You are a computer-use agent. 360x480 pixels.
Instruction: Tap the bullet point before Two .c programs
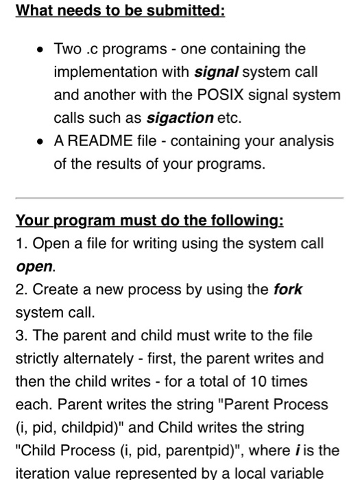pos(42,49)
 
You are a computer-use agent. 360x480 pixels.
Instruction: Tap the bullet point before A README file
pos(42,141)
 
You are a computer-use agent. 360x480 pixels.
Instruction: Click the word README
pos(98,141)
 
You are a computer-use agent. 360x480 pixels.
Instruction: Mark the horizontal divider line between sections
pos(180,198)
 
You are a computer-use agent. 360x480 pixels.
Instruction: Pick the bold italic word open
pos(34,265)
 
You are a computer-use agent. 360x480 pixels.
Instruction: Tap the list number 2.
pos(20,289)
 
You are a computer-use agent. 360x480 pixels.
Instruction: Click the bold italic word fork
pos(287,289)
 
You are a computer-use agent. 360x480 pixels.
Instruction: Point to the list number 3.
pos(20,335)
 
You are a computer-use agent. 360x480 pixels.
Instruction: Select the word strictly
pos(38,357)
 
